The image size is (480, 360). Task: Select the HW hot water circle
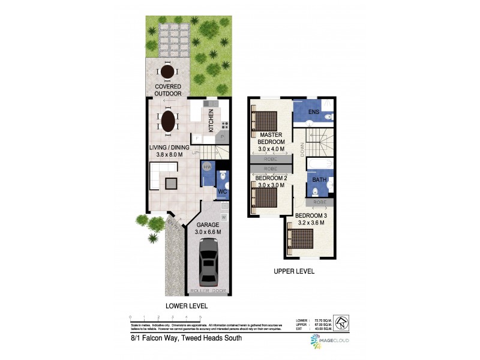(x=208, y=166)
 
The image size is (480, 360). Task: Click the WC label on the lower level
(x=221, y=192)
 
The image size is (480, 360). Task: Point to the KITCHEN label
(x=211, y=121)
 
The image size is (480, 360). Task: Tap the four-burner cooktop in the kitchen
(x=225, y=125)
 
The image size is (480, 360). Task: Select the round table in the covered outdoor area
(x=167, y=72)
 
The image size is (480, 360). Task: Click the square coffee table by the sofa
(x=172, y=182)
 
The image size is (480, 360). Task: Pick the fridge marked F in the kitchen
(x=197, y=139)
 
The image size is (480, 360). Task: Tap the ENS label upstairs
(x=313, y=112)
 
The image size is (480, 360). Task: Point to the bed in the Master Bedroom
(x=265, y=121)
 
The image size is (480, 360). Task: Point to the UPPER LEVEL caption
(x=294, y=271)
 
